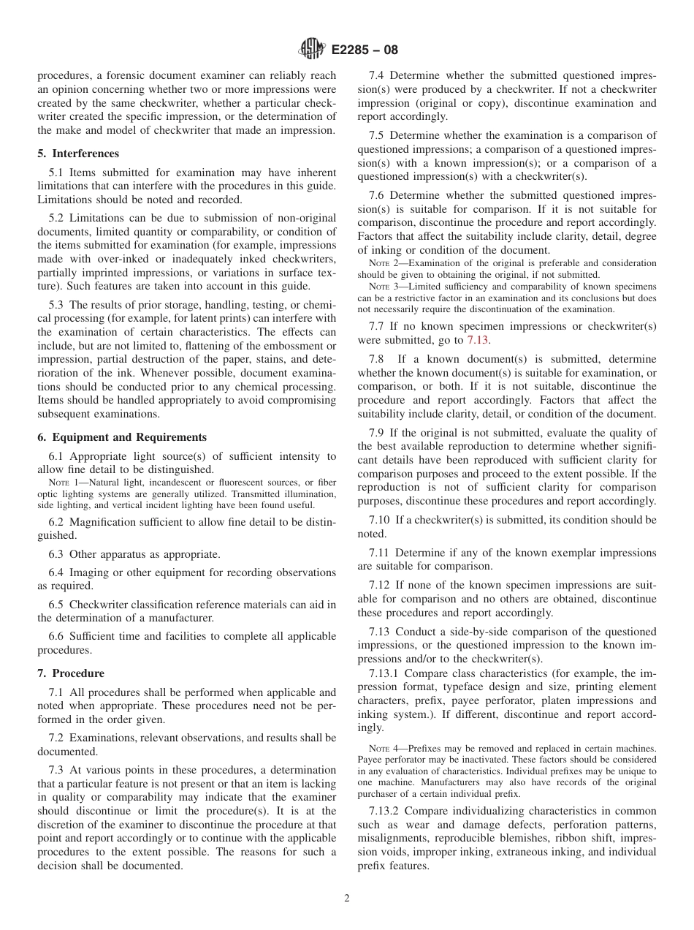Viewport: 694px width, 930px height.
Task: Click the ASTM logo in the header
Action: (x=311, y=50)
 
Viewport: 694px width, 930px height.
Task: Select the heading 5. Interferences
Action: (x=78, y=154)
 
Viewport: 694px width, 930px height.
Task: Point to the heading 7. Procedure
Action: (x=71, y=673)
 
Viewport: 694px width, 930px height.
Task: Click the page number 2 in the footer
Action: (x=347, y=899)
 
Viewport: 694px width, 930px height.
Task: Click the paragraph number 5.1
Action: (x=57, y=173)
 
